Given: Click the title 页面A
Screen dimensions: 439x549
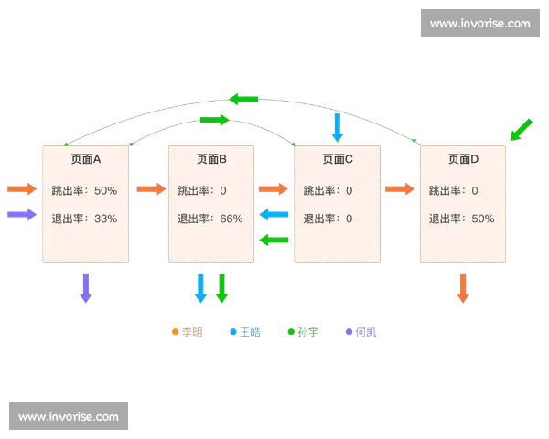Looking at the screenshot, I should click(x=85, y=159).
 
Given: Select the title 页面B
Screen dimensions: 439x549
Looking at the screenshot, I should click(x=211, y=159).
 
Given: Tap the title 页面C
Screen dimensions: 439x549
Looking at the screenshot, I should click(x=338, y=159).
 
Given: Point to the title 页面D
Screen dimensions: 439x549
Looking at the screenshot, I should click(x=463, y=159).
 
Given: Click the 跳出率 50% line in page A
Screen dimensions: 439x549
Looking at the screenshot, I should click(x=84, y=190).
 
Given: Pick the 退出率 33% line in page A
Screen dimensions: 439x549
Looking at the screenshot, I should click(x=84, y=219).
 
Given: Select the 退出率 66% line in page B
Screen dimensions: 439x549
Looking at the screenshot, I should click(x=210, y=219).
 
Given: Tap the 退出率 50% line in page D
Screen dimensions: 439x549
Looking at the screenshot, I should click(x=461, y=219).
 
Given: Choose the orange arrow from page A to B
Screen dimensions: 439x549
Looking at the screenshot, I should click(x=150, y=189).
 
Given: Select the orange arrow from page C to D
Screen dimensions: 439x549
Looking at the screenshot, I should click(x=400, y=189).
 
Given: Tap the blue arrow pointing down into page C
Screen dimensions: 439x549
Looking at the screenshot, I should click(x=338, y=127).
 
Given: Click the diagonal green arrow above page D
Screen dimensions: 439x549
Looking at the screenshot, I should click(x=521, y=130).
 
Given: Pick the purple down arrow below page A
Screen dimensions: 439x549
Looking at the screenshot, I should click(x=86, y=287).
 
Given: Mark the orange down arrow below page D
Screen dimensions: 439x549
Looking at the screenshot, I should click(x=463, y=287).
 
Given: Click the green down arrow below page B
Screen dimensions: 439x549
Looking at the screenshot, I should click(x=221, y=287).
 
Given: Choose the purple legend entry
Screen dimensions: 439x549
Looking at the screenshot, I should click(x=361, y=332).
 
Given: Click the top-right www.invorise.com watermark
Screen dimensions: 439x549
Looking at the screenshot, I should click(x=479, y=23).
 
